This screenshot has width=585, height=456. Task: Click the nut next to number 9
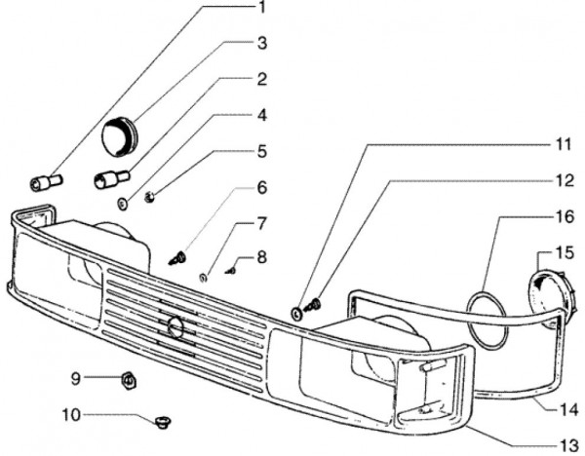[127, 377]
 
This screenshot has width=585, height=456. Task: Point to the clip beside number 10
[159, 421]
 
